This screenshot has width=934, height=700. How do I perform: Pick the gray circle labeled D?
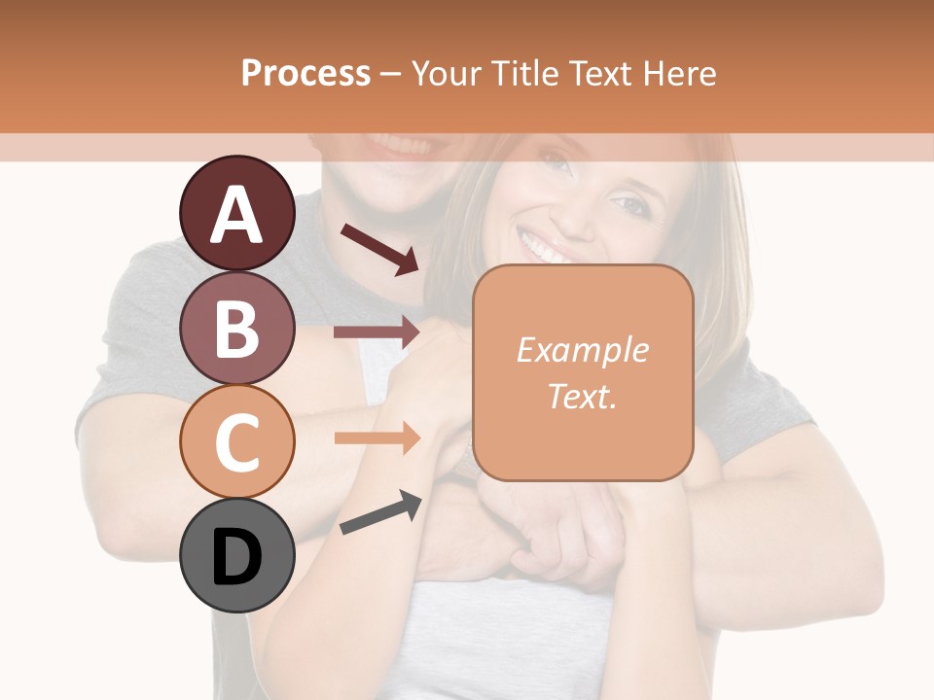coord(237,555)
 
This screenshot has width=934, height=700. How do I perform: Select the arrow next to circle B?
coord(377,332)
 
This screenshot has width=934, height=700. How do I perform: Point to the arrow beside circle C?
coord(377,437)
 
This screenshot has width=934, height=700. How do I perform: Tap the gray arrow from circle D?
coord(380,513)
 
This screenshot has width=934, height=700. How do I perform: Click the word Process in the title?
coord(305,73)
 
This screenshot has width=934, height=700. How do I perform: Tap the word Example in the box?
coord(582,350)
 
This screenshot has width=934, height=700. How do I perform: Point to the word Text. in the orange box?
coord(582,396)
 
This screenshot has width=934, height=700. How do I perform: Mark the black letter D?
coord(237,557)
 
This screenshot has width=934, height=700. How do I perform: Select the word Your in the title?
coord(445,73)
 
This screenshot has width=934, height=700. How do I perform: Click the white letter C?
coord(237,442)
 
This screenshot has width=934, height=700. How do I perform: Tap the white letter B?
coord(237,328)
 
